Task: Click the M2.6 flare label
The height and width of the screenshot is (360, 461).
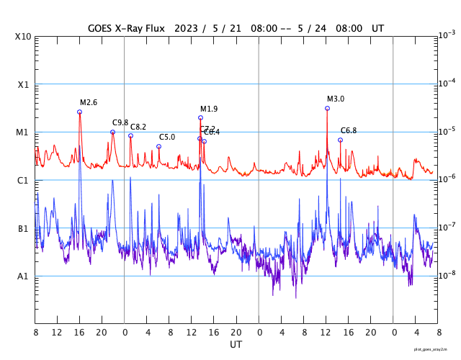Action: click(88, 102)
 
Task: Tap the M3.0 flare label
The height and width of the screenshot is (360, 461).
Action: click(336, 99)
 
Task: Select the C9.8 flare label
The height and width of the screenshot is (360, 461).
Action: click(120, 122)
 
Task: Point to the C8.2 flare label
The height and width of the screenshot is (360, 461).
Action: click(138, 127)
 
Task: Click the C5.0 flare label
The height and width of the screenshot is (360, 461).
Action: click(167, 137)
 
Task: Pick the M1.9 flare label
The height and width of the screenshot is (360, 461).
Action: click(209, 109)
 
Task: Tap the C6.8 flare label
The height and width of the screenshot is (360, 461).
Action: click(349, 130)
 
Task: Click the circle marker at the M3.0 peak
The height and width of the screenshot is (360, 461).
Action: click(327, 108)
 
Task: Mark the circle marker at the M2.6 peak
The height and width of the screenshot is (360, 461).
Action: click(79, 112)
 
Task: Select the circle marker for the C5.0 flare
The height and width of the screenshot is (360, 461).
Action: click(158, 146)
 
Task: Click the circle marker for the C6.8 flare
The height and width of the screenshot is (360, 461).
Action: click(340, 140)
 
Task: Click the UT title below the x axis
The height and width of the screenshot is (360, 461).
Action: click(236, 344)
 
